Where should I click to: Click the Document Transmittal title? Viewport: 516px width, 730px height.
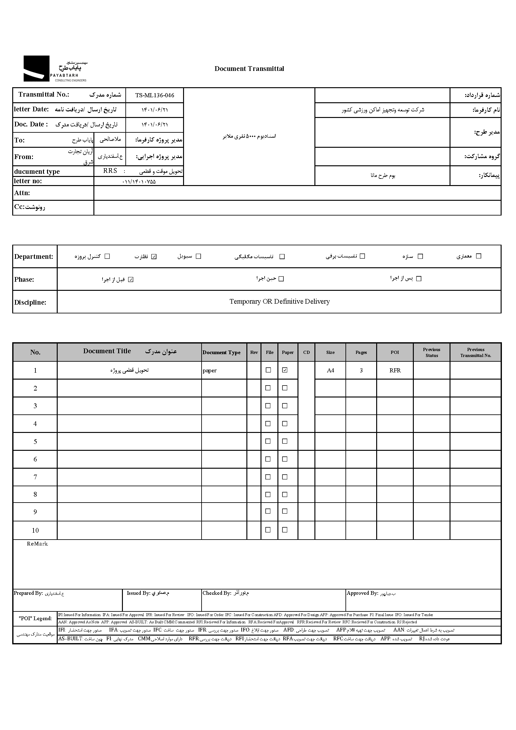[249, 69]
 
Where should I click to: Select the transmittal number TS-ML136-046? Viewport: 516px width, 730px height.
[155, 95]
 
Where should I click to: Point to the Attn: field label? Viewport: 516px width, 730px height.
[22, 193]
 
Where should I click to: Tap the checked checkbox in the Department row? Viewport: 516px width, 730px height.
[154, 257]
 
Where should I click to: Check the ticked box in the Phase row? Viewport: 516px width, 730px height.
[131, 280]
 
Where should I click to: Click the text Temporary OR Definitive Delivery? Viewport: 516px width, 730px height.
[279, 301]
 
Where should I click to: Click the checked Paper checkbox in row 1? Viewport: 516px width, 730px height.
[285, 370]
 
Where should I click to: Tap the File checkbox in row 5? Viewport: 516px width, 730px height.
[268, 441]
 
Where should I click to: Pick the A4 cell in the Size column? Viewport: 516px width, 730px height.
[330, 370]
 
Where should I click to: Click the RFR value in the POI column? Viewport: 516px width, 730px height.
[395, 370]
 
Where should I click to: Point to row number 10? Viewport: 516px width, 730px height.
[35, 530]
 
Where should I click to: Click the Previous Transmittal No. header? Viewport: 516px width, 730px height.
[476, 352]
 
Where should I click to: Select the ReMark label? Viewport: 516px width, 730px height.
[37, 544]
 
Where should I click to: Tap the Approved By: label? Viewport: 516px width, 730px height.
[362, 593]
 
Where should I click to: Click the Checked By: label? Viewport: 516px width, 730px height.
[217, 593]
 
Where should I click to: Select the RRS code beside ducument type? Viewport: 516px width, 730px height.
[110, 171]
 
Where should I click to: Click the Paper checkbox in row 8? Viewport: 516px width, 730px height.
[285, 494]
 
